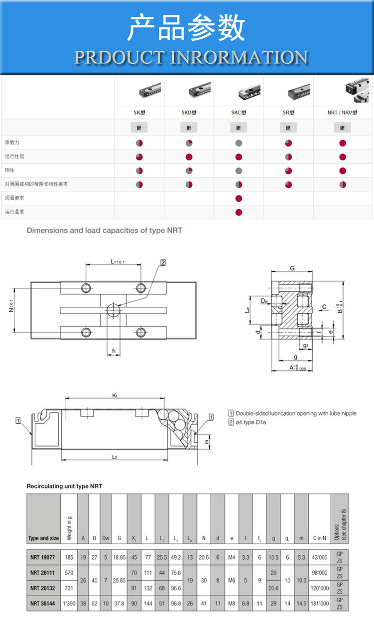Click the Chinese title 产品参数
pos(186,28)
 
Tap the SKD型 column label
pos(189,113)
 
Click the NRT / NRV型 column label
pos(343,113)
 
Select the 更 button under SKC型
pos(239,128)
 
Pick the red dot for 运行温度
pos(239,212)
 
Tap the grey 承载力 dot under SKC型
pos(239,143)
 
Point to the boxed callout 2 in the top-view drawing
pos(162,262)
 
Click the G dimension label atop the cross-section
pos(292,268)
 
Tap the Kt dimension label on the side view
pos(114,395)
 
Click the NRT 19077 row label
pos(43,558)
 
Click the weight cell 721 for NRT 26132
pos(69,588)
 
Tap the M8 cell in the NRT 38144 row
pos(232,603)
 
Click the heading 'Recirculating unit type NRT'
pos(64,486)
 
